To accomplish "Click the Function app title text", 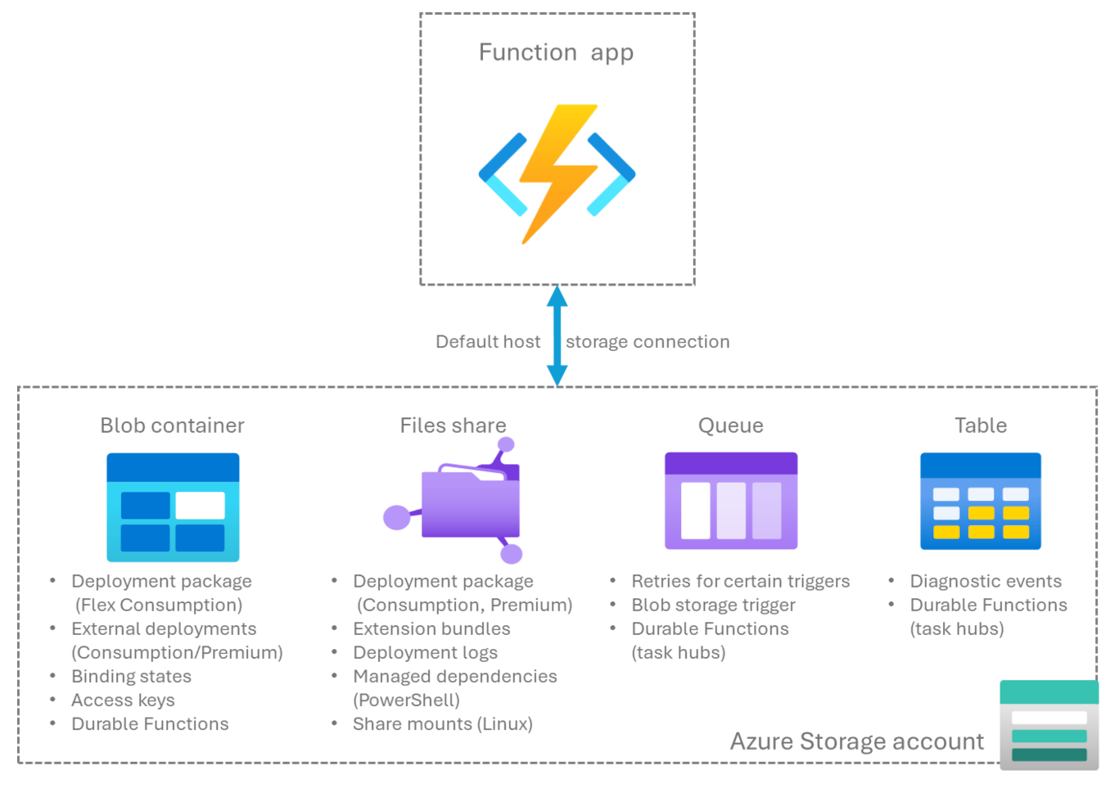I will pos(556,53).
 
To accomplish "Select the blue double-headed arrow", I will pos(557,335).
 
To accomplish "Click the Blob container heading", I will pos(172,426).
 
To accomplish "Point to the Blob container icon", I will pos(173,507).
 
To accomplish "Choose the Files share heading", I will pos(453,426).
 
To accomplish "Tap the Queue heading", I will pos(730,426).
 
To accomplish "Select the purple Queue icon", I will pos(730,501).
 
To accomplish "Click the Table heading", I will pos(980,426).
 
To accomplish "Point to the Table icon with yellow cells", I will pos(980,501).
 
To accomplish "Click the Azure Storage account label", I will pos(857,741).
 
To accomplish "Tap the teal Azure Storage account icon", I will pos(1049,724).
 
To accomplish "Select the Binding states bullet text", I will pos(131,677).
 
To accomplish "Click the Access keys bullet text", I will pos(123,700).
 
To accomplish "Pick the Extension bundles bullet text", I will pos(431,629).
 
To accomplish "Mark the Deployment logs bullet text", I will pos(425,653).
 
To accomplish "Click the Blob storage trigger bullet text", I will pos(713,606).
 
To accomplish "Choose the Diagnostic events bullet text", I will pos(986,582).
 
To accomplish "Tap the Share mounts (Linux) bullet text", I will pos(442,724).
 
